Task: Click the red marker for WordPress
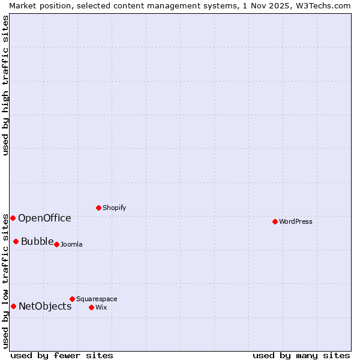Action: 275,221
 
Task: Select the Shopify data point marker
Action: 98,208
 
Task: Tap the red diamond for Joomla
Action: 56,244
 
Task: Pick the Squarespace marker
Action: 72,299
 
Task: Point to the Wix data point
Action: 91,307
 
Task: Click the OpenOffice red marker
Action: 13,218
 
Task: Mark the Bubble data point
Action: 16,241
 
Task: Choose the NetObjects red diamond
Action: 13,306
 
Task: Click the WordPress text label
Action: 296,221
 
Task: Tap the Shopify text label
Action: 114,208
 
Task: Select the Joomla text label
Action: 71,244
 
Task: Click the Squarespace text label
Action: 97,299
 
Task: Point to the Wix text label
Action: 101,307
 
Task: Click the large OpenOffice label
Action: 44,218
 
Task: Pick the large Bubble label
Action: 37,241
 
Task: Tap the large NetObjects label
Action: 45,306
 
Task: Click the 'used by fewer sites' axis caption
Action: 62,355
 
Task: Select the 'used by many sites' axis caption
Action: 301,355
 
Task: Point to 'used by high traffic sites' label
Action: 5,85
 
